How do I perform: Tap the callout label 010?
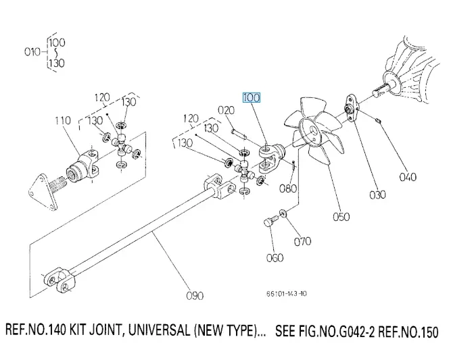coord(32,51)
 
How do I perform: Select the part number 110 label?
coord(62,121)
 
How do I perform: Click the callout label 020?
coord(225,110)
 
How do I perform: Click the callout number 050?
coord(341,217)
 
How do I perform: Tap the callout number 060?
coord(275,257)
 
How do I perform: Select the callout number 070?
coord(302,240)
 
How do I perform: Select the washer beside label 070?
coord(282,215)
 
